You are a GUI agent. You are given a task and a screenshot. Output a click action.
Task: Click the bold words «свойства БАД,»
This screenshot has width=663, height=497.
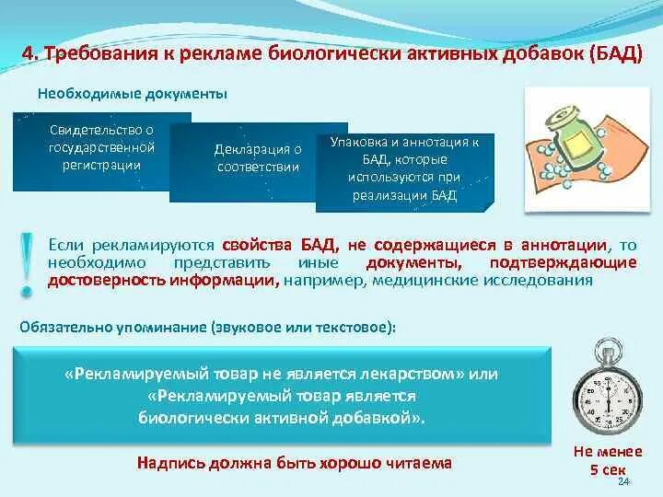coord(280,246)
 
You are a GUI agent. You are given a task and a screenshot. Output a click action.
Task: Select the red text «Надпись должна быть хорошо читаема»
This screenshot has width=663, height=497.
coord(294,463)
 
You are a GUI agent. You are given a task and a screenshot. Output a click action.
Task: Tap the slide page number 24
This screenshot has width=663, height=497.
coord(623,482)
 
